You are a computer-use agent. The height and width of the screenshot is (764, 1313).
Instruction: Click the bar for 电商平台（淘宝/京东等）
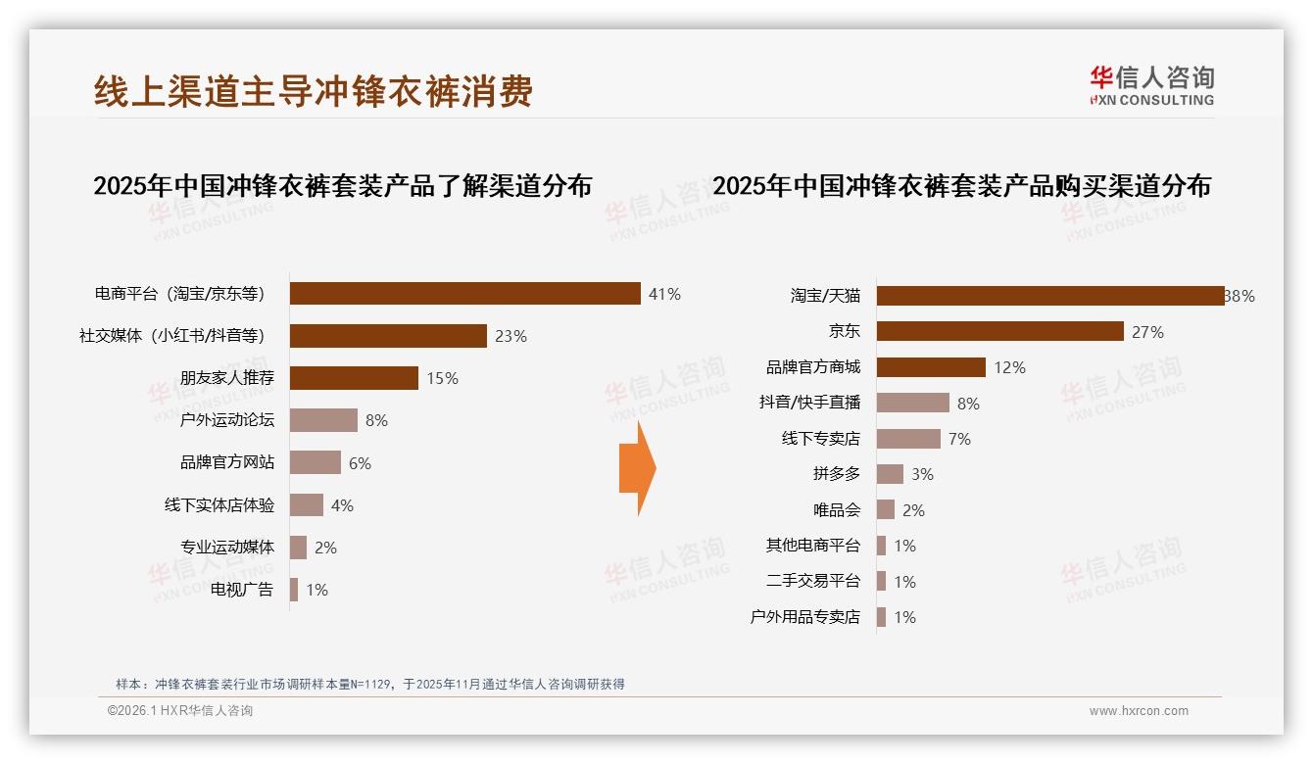pyautogui.click(x=465, y=294)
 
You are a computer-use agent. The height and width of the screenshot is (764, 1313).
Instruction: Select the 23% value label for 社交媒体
pyautogui.click(x=511, y=336)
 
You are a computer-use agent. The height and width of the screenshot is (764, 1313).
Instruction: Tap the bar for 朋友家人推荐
pyautogui.click(x=354, y=378)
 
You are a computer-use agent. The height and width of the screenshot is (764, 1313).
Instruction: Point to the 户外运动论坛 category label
pyautogui.click(x=227, y=420)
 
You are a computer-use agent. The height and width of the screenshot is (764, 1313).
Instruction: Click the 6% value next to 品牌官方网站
pyautogui.click(x=360, y=463)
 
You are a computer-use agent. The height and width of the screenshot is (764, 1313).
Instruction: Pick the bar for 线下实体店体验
pyautogui.click(x=307, y=505)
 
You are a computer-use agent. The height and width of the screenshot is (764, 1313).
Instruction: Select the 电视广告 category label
pyautogui.click(x=242, y=590)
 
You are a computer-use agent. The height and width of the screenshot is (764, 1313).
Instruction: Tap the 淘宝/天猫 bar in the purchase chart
pyautogui.click(x=1049, y=296)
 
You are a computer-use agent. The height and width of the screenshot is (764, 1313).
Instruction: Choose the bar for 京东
pyautogui.click(x=999, y=332)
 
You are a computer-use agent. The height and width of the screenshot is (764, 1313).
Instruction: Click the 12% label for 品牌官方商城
pyautogui.click(x=1009, y=368)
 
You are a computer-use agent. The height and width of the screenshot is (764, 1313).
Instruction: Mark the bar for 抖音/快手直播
pyautogui.click(x=912, y=404)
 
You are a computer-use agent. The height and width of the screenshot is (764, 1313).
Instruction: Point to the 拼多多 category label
pyautogui.click(x=836, y=474)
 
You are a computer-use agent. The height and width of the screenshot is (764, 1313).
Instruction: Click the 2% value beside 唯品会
pyautogui.click(x=913, y=510)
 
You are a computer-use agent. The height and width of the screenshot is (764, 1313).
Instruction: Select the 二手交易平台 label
pyautogui.click(x=812, y=581)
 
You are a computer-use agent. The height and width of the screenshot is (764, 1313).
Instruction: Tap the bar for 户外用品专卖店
pyautogui.click(x=881, y=617)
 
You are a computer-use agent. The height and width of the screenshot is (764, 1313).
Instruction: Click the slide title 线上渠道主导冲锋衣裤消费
pyautogui.click(x=313, y=91)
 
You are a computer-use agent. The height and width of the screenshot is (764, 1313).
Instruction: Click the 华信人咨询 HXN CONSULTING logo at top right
pyautogui.click(x=1151, y=85)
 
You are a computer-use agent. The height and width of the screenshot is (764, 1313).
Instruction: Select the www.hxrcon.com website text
pyautogui.click(x=1139, y=711)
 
